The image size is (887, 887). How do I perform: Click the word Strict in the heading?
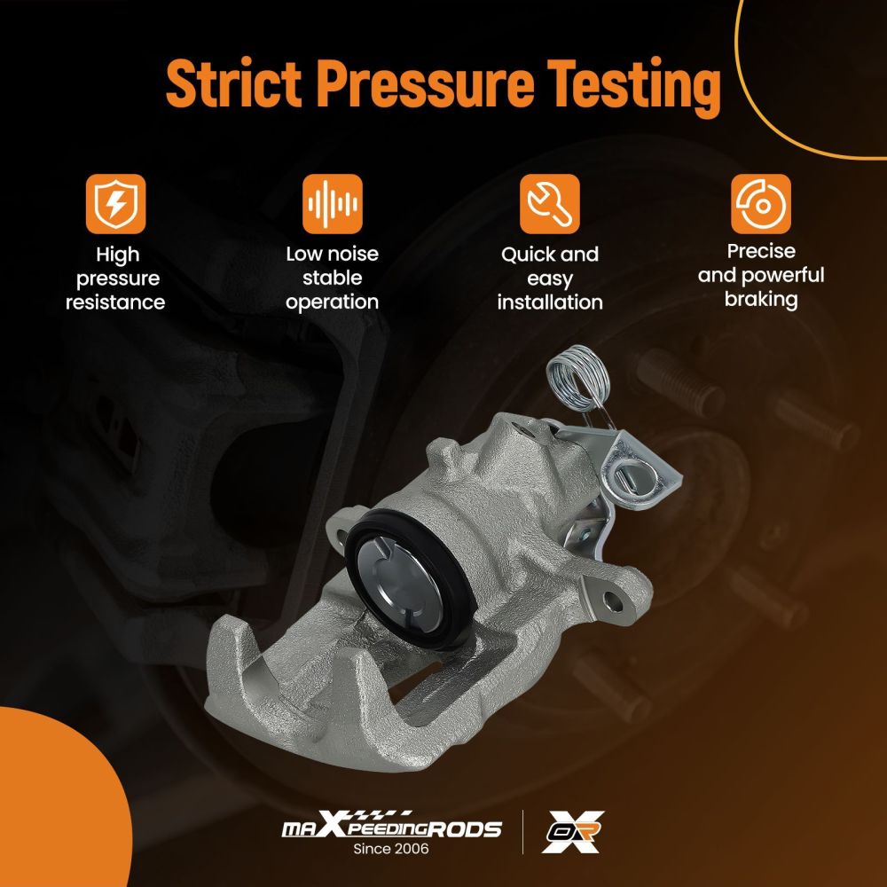233,83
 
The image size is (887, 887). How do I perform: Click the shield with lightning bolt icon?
115,204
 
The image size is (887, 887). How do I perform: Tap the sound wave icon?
332,204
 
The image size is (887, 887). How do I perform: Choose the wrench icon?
549,204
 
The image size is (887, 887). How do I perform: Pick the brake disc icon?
761,204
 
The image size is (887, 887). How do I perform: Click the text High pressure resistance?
115,279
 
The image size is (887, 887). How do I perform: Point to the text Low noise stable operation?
332,278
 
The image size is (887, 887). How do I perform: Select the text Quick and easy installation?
550,279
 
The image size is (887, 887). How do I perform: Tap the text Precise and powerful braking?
761,275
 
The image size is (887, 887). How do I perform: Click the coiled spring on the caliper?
578,377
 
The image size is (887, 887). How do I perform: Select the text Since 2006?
391,849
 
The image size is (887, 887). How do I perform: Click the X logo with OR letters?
572,831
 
